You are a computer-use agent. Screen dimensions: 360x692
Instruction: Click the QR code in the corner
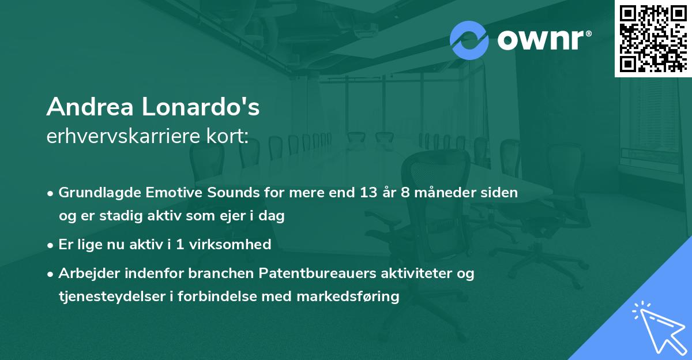pyautogui.click(x=653, y=38)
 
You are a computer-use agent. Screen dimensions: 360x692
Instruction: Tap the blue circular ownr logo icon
pyautogui.click(x=469, y=40)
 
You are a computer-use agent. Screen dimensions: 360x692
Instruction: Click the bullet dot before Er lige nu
pyautogui.click(x=51, y=245)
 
